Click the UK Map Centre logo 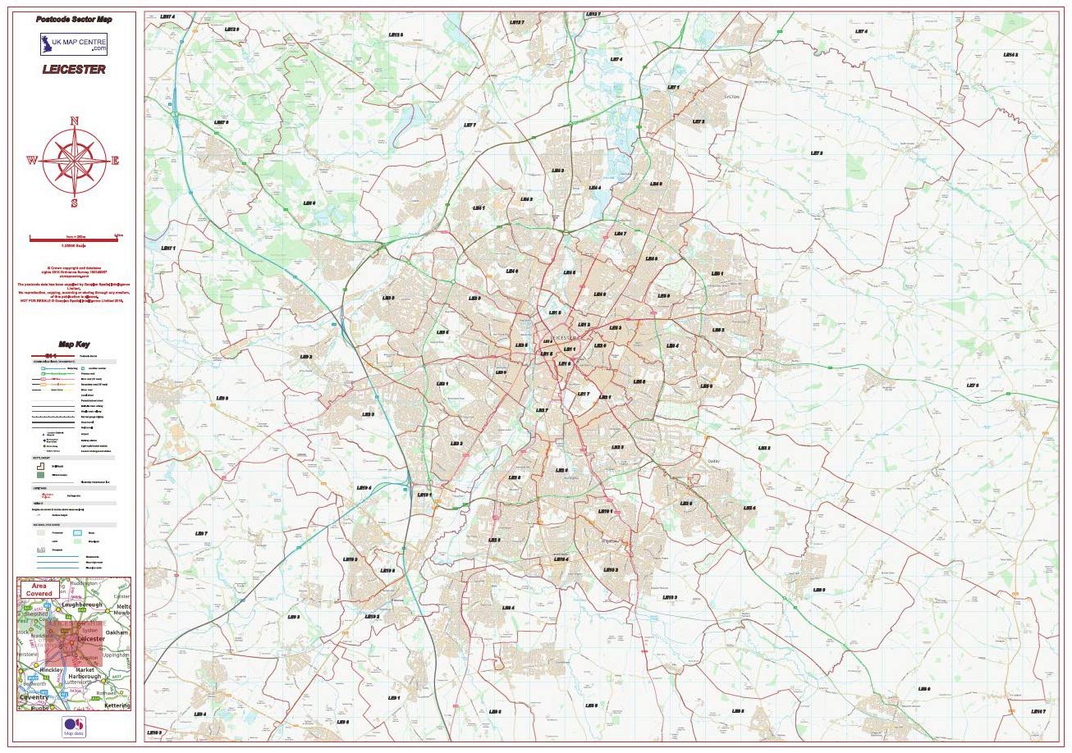click(74, 43)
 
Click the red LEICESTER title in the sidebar click(74, 70)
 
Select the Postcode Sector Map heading click(74, 18)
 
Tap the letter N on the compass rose click(74, 121)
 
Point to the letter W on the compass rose click(32, 161)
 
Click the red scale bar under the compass click(75, 237)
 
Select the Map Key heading click(74, 345)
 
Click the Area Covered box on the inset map click(39, 589)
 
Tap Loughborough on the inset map click(82, 605)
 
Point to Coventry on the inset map click(34, 696)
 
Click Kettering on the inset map click(117, 705)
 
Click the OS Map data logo click(74, 727)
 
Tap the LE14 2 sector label click(1010, 55)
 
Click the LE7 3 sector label click(816, 153)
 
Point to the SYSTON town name click(731, 96)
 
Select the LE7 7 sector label click(470, 125)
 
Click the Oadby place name click(713, 461)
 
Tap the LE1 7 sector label click(584, 394)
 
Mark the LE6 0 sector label click(309, 202)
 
